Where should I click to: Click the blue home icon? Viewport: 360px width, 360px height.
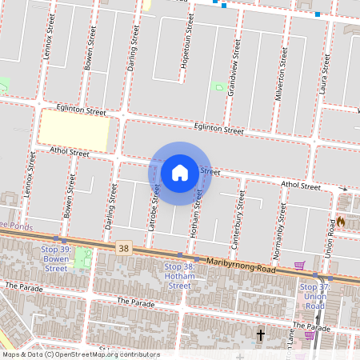[180, 172]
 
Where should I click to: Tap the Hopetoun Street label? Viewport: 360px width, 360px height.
[184, 40]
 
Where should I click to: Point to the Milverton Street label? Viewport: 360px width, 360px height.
[282, 68]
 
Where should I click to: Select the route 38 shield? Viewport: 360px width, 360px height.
[122, 249]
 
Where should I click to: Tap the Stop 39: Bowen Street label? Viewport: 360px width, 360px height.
[56, 258]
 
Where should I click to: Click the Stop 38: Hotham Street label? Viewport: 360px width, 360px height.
[179, 276]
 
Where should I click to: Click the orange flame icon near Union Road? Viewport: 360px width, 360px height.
[341, 221]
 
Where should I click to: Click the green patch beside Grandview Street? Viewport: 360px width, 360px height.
[218, 85]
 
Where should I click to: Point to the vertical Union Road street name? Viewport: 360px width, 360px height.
[330, 234]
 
